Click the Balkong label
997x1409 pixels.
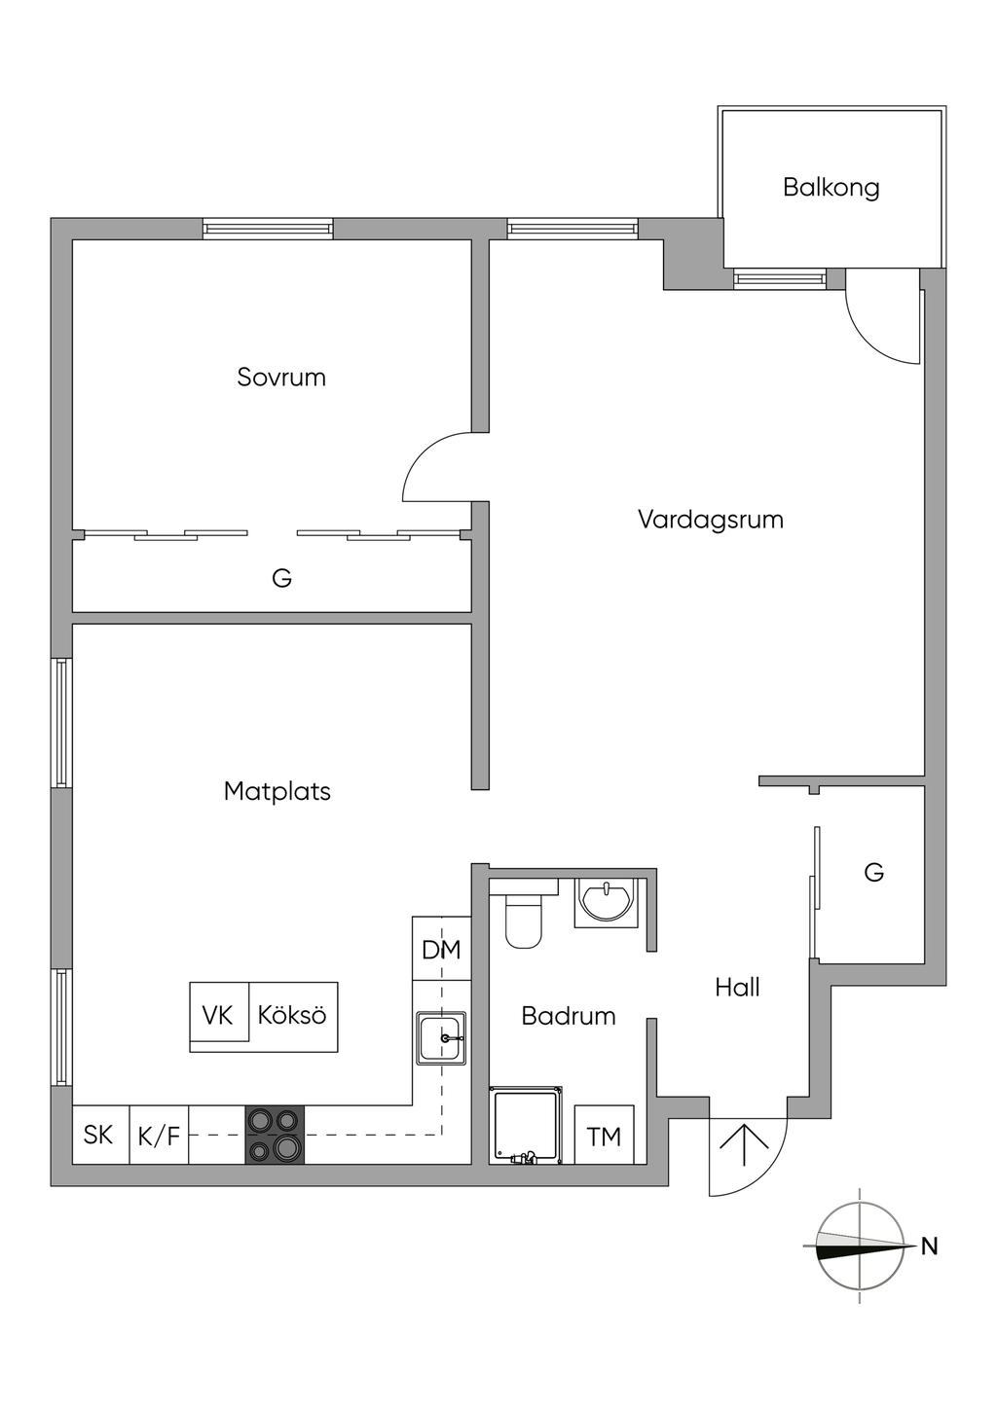coord(831,187)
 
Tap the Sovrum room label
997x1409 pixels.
coord(281,378)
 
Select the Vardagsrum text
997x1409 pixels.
coord(711,519)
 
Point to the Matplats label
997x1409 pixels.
coord(277,791)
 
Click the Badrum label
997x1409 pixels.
coord(569,1016)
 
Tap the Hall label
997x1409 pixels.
coord(737,988)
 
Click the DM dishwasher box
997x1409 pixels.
coord(441,949)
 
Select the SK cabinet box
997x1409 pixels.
coord(98,1135)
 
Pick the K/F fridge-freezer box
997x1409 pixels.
coord(159,1135)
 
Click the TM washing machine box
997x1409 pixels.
coord(604,1136)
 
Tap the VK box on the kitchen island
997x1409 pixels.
coord(218,1015)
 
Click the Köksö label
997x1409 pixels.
coord(292,1015)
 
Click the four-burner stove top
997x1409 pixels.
coord(274,1136)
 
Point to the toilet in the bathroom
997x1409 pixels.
coord(523,918)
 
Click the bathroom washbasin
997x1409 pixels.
coord(606,899)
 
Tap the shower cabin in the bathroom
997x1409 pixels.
coord(527,1126)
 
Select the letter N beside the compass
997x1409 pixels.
coord(930,1246)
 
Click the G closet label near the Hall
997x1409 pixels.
coord(873,873)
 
